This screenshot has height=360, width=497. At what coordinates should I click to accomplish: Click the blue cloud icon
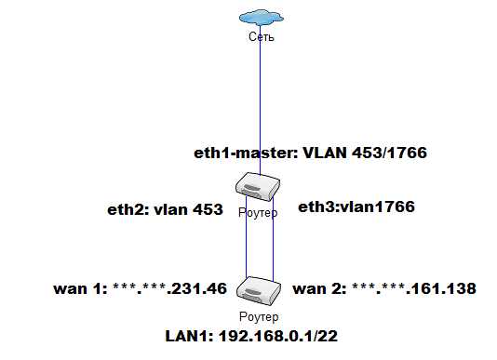[260, 17]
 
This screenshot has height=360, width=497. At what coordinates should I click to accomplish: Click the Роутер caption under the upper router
[259, 213]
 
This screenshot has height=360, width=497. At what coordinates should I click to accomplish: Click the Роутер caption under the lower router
[259, 316]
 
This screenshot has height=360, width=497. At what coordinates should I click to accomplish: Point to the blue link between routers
[246, 242]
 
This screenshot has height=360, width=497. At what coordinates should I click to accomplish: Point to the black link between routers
[272, 242]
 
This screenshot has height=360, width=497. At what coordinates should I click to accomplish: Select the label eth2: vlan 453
[164, 210]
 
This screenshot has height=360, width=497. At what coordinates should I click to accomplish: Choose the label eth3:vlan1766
[356, 206]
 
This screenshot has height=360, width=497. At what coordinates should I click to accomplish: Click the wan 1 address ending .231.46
[169, 288]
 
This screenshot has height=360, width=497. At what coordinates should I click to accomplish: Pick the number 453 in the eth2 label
[208, 210]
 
